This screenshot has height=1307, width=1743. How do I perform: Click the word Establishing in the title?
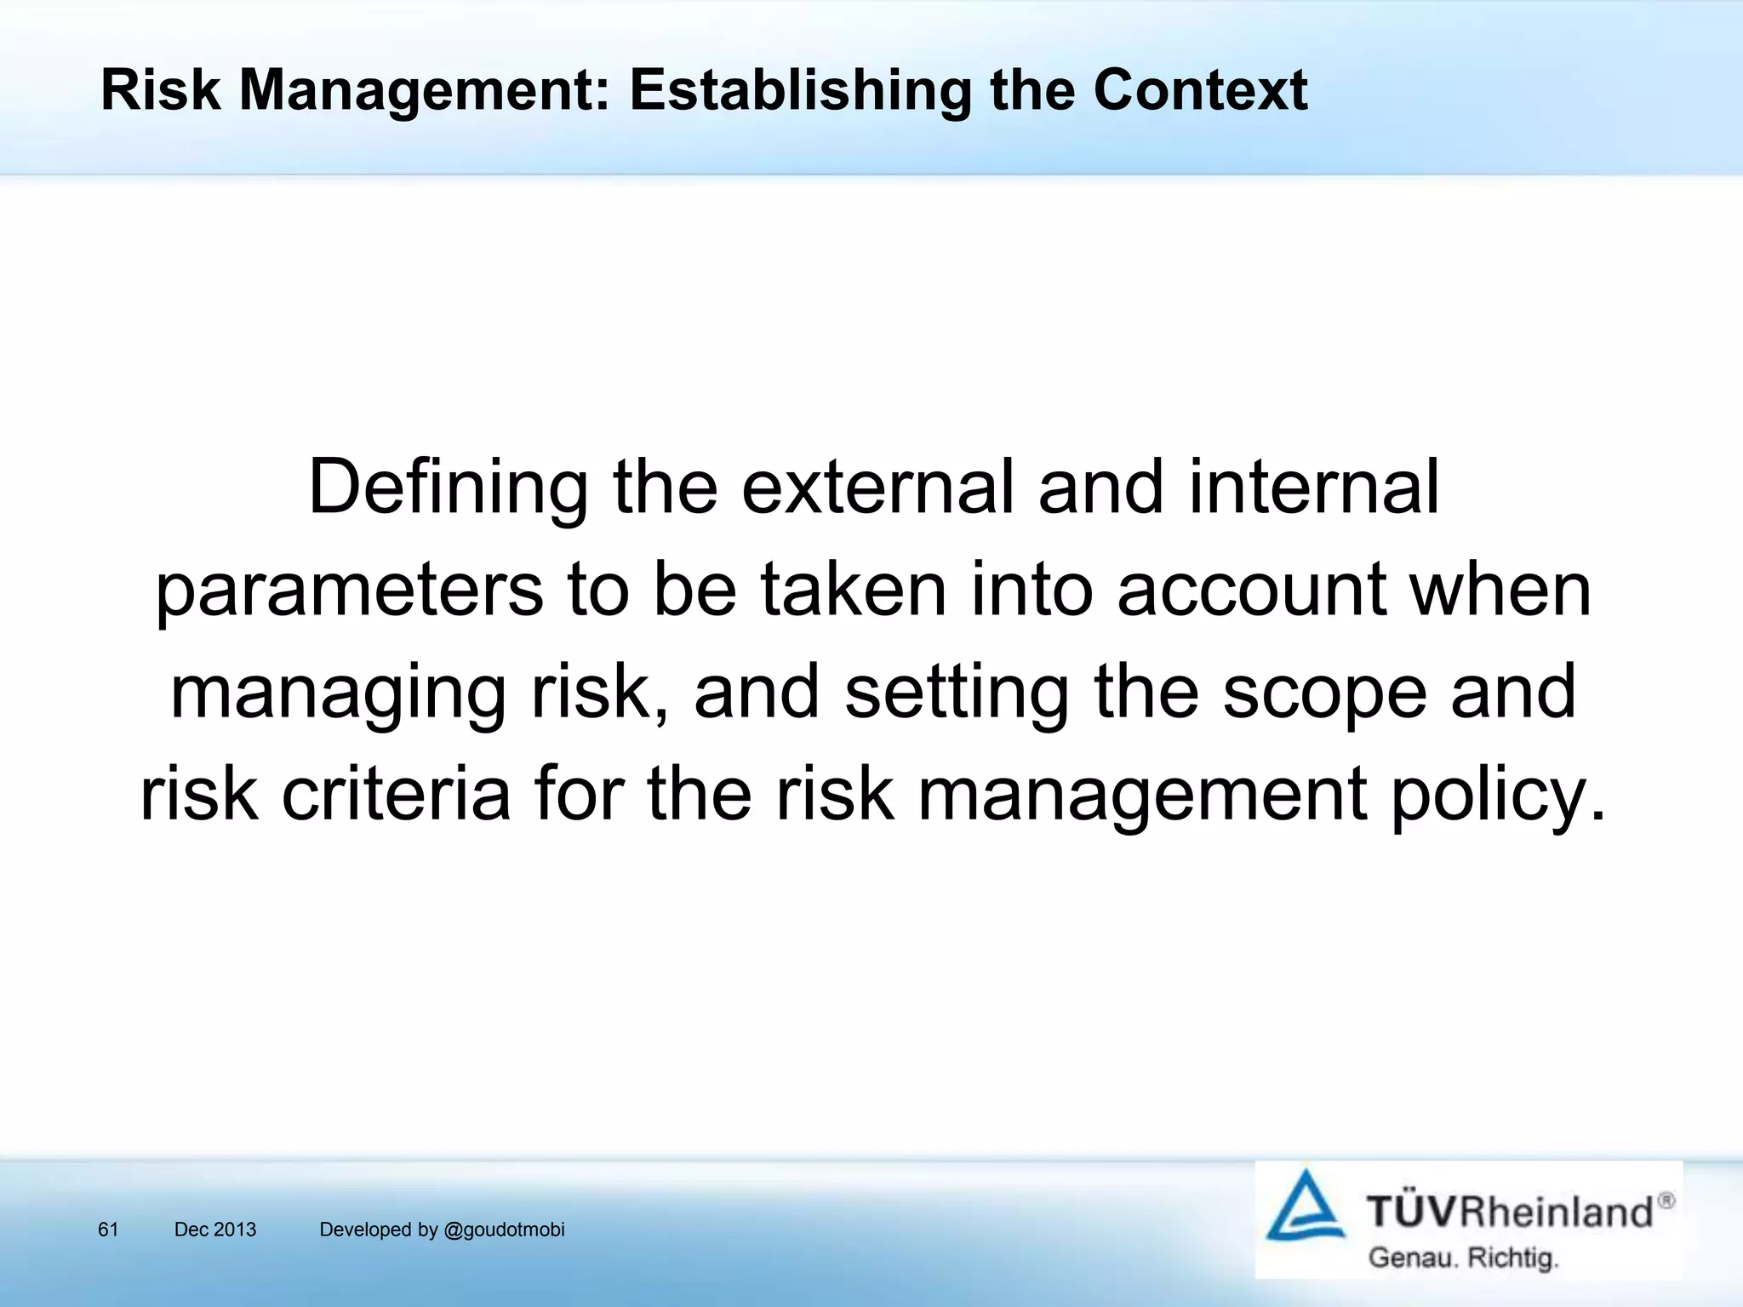coord(800,90)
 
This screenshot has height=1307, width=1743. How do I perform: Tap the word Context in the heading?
coord(1200,90)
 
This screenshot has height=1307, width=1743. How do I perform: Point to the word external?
coord(877,488)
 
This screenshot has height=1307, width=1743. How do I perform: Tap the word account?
coord(1252,591)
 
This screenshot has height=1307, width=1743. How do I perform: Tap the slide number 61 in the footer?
coord(108,1230)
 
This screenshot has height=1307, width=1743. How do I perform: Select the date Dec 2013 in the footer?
coord(214,1230)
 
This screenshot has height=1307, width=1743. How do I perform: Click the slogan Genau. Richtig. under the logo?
coord(1463,1258)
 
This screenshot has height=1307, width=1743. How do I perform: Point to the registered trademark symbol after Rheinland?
coord(1666,1201)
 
